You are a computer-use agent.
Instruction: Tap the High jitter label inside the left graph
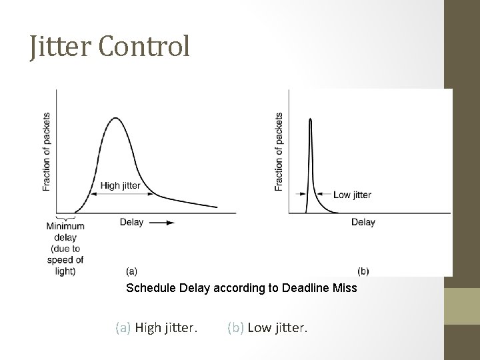click(121, 185)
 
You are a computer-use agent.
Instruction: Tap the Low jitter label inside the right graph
click(352, 195)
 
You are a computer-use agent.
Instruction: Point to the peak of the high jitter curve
click(116, 118)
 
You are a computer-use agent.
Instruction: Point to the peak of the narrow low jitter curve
click(310, 119)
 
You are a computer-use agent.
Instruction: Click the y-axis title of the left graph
click(47, 151)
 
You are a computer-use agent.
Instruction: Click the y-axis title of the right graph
click(279, 151)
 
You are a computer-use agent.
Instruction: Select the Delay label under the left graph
click(131, 222)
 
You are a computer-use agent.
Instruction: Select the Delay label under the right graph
click(363, 222)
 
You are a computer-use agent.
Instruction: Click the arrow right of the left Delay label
click(162, 223)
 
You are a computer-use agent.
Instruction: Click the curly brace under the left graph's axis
click(65, 217)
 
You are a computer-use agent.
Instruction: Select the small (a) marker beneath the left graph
click(132, 271)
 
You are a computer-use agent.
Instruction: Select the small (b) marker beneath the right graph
click(363, 271)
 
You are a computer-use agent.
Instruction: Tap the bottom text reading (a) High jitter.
click(157, 327)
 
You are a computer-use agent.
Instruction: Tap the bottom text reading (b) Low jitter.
click(267, 327)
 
